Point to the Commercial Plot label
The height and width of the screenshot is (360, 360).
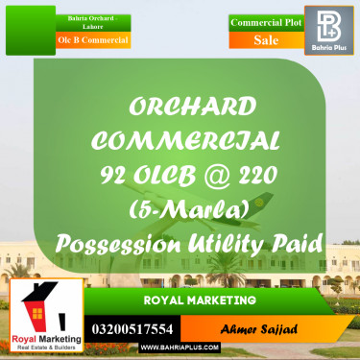pos(266,19)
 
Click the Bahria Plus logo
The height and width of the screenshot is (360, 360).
pos(331,29)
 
